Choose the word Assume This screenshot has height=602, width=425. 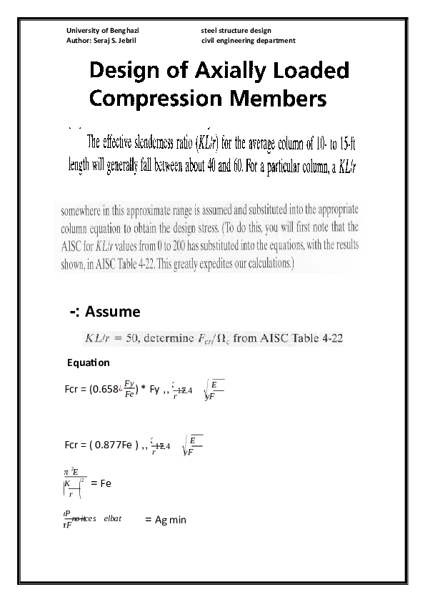(x=113, y=312)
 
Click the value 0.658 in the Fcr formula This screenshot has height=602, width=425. (x=106, y=390)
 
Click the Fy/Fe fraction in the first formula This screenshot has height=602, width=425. (x=129, y=390)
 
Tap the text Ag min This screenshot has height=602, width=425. (x=171, y=520)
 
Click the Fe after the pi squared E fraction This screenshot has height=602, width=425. (x=106, y=483)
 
